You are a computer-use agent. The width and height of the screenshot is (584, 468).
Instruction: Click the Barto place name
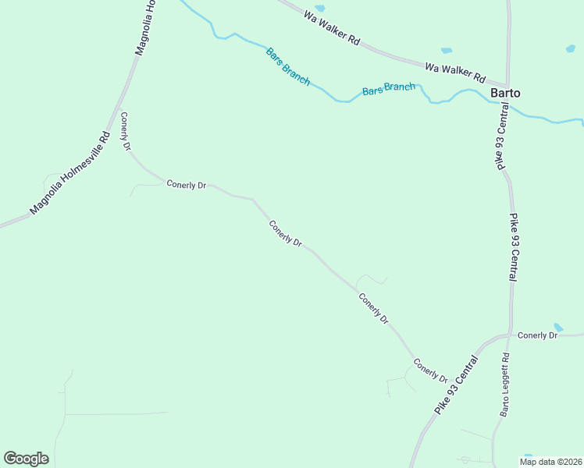point(505,94)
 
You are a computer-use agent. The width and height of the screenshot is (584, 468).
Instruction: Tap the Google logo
point(26,459)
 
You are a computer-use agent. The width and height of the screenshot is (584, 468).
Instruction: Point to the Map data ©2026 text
point(550,462)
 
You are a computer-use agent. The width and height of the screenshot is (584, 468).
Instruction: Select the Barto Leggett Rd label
point(505,384)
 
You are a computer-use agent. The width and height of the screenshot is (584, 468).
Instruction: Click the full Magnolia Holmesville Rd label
point(69,173)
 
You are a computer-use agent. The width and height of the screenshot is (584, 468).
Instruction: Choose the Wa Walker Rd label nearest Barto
point(455,73)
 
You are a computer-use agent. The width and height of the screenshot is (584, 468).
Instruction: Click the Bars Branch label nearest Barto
point(389,89)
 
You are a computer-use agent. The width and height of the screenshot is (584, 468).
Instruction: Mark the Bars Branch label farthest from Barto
point(288,67)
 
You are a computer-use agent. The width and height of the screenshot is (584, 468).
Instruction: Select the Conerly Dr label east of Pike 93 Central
point(537,335)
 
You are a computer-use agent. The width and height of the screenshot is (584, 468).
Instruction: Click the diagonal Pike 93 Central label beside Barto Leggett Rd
point(455,385)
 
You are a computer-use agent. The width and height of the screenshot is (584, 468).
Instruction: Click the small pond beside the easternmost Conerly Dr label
point(557,327)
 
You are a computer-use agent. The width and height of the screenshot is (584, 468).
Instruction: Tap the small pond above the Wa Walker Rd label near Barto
point(446,51)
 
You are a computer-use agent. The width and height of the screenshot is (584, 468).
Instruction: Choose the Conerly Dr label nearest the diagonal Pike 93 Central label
point(430,370)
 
